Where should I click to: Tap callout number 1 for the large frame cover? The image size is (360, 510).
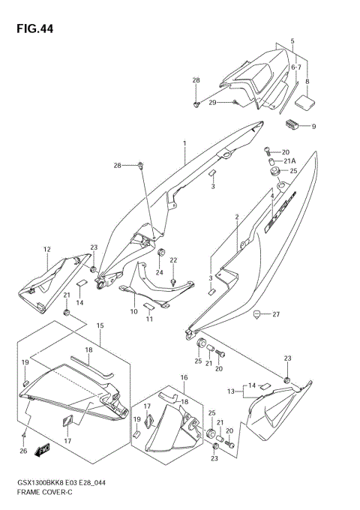(183, 142)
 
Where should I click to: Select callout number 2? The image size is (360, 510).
(236, 217)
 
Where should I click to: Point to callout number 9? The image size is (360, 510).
(313, 127)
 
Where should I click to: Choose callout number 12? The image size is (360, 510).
(46, 249)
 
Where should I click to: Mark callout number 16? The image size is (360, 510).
(183, 377)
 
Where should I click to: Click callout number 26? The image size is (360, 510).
(24, 451)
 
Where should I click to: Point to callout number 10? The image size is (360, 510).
(134, 311)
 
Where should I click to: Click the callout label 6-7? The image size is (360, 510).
(296, 67)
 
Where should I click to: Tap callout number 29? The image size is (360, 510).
(213, 102)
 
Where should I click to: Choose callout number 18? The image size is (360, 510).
(88, 350)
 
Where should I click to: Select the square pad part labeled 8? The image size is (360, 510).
(305, 97)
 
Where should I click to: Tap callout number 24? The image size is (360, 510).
(159, 271)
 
